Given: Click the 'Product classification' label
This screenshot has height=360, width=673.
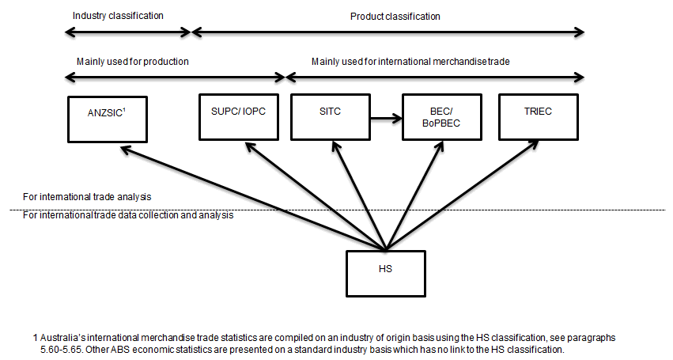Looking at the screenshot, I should (395, 16).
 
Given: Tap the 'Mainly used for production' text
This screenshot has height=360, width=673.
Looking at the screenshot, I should (132, 61).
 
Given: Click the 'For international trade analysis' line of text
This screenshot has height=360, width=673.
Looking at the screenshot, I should (87, 196).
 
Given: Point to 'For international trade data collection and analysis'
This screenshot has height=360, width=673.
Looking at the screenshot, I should (127, 215).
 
